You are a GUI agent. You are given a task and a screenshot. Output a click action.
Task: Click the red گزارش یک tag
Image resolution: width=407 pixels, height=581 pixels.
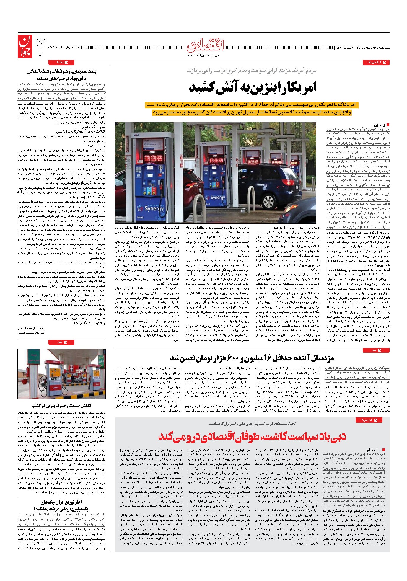tap(376, 62)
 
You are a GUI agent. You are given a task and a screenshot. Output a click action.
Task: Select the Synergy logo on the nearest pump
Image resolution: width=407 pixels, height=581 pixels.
tap(154, 208)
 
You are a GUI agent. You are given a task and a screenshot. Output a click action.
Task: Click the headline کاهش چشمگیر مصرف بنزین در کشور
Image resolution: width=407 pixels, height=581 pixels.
tap(61, 406)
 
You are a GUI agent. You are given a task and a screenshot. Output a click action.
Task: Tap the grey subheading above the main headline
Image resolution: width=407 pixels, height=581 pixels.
tap(251, 71)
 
